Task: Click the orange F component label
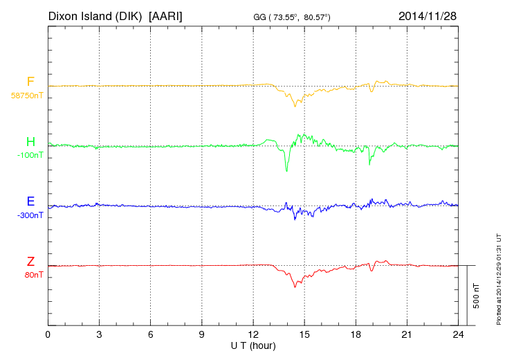point(30,82)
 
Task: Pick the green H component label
point(30,143)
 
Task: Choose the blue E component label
point(30,202)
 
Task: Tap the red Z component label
point(30,262)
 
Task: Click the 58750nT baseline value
point(27,96)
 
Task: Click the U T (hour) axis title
point(253,345)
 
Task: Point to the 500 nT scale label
point(476,296)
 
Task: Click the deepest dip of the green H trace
point(286,171)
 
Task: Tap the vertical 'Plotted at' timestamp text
point(498,277)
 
